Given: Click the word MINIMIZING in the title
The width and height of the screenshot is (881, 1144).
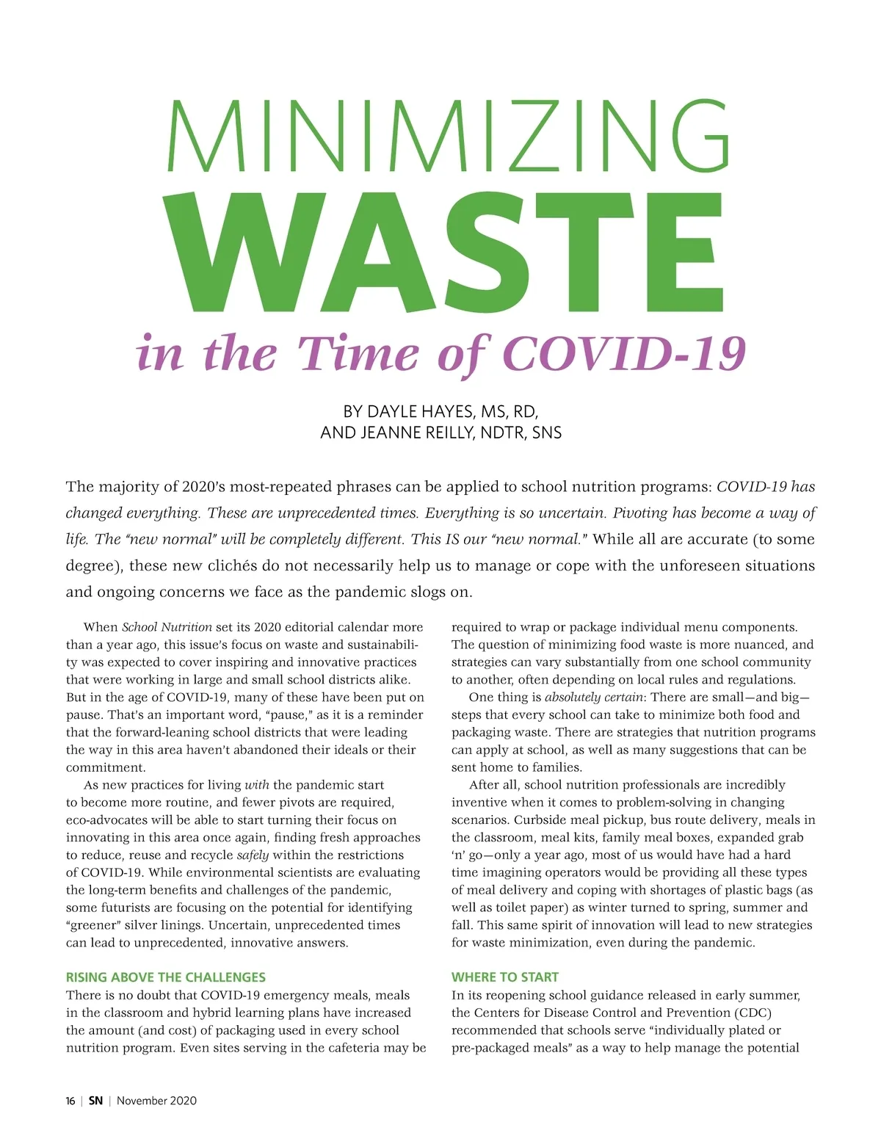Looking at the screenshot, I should (448, 136).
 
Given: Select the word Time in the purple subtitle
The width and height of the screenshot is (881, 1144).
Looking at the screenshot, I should (358, 354).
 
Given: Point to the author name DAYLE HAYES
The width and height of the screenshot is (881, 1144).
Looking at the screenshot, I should (419, 411).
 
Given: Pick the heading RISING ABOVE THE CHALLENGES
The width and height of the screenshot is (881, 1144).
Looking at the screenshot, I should (166, 977).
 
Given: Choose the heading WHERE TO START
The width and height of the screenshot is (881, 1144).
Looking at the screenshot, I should (505, 977).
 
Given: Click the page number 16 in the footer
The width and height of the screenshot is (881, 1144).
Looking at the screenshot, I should (70, 1101).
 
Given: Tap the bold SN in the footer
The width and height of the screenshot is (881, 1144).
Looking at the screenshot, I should (95, 1101).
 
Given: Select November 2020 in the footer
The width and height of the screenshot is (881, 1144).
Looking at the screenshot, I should (156, 1101).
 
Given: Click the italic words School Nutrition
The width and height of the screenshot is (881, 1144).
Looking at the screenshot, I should (167, 627).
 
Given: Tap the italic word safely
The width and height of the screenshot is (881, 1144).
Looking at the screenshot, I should (253, 855).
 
